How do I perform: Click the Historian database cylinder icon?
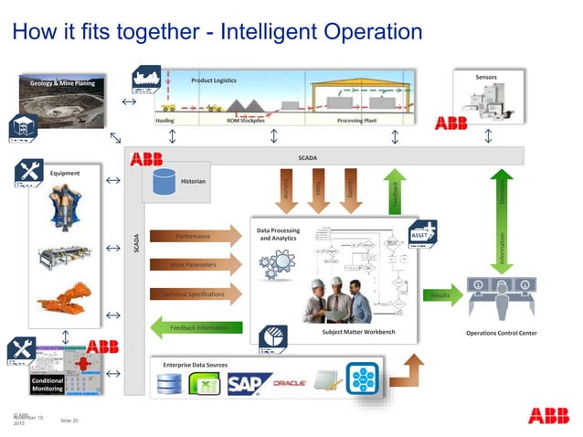tap(164, 180)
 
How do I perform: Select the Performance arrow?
tap(193, 236)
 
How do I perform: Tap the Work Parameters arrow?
tap(193, 265)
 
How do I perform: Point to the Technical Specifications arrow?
tap(193, 294)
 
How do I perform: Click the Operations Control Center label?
tap(501, 333)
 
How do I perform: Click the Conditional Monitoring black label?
tap(47, 384)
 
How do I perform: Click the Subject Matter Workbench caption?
tap(359, 331)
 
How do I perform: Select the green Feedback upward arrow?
tap(395, 192)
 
